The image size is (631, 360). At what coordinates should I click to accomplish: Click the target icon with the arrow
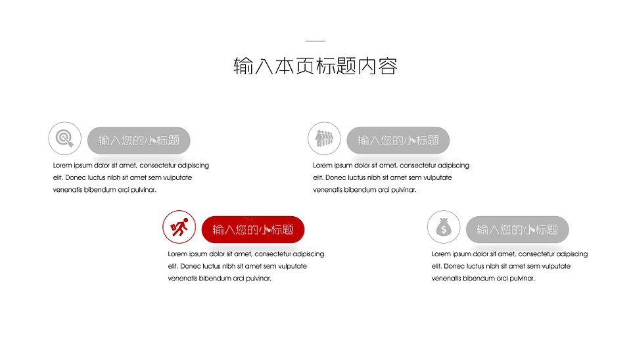[65, 139]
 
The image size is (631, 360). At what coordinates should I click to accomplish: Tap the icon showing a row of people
[324, 139]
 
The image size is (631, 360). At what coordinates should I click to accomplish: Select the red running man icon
[179, 227]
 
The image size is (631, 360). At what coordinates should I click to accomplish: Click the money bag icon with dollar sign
[444, 227]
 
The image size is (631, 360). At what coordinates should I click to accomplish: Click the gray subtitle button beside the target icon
[139, 141]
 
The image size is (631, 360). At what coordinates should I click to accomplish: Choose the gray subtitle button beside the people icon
[398, 141]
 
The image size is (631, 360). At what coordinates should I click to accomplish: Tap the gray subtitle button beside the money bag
[517, 230]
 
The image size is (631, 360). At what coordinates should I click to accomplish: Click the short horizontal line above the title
[315, 41]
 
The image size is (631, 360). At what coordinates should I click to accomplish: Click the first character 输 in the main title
[243, 66]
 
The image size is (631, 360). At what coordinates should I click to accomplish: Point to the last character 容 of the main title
[388, 66]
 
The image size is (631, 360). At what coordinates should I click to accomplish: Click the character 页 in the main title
[306, 66]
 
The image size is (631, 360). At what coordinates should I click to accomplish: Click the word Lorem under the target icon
[62, 166]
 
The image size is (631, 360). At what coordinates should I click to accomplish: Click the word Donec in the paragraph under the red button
[191, 266]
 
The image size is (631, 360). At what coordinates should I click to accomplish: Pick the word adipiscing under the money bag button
[572, 254]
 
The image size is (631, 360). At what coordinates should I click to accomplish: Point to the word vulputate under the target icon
[177, 178]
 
